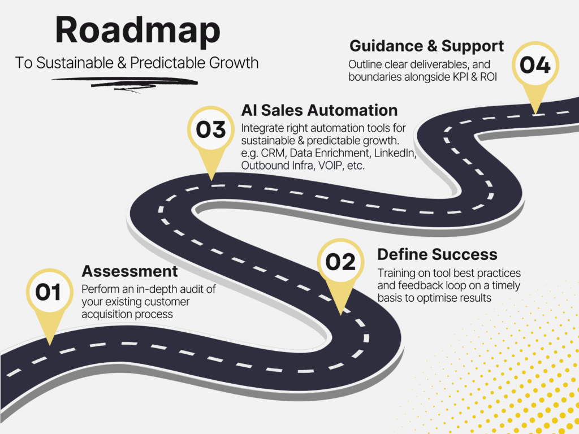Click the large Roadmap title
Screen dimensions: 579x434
click(x=138, y=31)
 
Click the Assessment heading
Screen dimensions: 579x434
click(x=129, y=271)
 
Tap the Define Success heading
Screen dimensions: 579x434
click(x=437, y=255)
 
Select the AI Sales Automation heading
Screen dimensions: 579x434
click(x=319, y=110)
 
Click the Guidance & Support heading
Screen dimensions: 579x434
click(x=426, y=46)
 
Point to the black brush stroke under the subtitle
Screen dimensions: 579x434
click(x=125, y=83)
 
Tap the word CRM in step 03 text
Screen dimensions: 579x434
click(x=273, y=153)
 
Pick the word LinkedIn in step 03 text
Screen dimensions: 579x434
click(x=395, y=153)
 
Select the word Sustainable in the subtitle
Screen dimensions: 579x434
click(x=75, y=63)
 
